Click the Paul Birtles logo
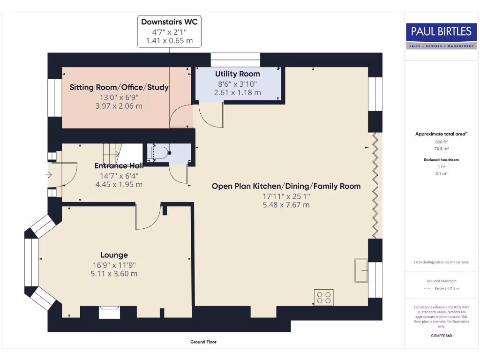[441, 35]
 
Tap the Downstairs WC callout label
[169, 22]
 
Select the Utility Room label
[237, 74]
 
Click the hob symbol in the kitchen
[323, 297]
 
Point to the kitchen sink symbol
[361, 270]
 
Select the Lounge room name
[114, 255]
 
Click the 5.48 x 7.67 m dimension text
[286, 205]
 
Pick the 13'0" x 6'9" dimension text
[119, 97]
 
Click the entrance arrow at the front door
[48, 175]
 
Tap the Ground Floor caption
[203, 342]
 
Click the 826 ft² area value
[441, 141]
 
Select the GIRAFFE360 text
[441, 336]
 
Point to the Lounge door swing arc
[145, 220]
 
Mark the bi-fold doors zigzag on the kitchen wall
[375, 186]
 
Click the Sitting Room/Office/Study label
[119, 87]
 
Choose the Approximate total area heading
[441, 134]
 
